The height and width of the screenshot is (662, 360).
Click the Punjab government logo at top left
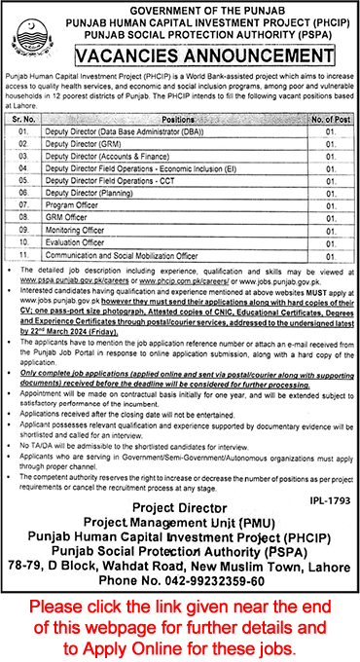(27, 41)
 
